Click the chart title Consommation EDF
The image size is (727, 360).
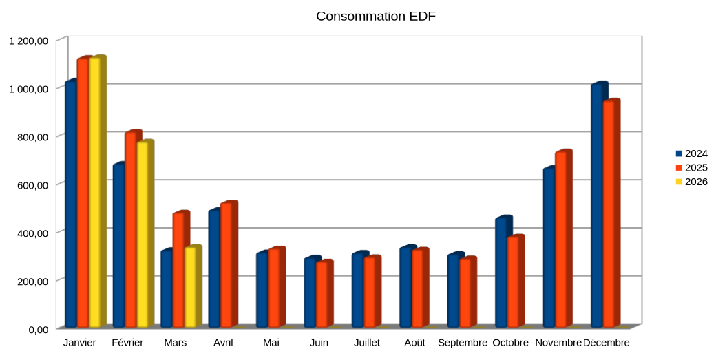376,17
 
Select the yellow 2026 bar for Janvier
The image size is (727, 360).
97,191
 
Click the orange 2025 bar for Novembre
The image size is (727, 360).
563,239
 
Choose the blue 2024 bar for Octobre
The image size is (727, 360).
503,271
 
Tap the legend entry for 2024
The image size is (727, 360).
691,153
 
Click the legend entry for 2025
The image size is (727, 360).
691,168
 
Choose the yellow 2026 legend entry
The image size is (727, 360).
691,182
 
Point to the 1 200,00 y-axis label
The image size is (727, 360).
29,41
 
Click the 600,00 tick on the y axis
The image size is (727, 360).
33,185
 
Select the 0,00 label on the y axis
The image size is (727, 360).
39,330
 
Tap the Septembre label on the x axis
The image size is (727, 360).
462,343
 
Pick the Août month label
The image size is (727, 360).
414,343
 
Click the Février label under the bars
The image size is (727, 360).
127,343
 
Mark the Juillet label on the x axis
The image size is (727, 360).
367,343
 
